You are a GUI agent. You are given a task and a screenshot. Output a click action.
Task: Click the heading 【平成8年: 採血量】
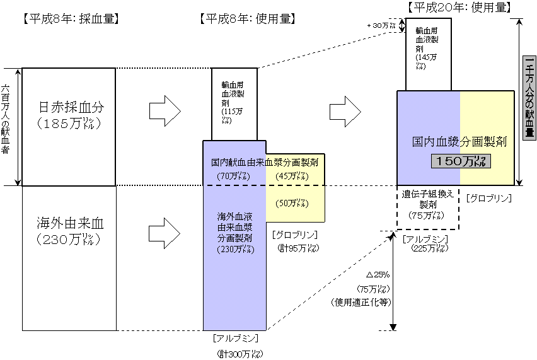[71, 19]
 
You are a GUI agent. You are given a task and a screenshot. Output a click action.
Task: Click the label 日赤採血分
[69, 107]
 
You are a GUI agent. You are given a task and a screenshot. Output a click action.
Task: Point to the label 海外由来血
[69, 223]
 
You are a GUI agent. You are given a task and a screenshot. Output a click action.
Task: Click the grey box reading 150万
[461, 161]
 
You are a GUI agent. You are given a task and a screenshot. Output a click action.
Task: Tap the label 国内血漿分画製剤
[460, 141]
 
